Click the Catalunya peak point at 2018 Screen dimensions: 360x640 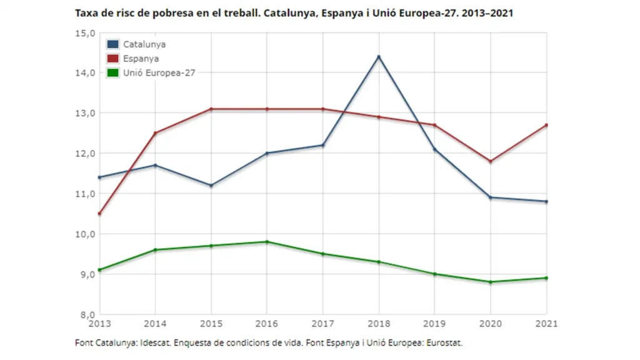[379, 57]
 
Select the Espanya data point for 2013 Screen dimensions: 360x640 [99, 214]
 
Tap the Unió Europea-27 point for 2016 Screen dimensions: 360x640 [267, 242]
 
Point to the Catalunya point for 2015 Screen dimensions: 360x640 [211, 186]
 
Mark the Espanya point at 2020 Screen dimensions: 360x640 [491, 161]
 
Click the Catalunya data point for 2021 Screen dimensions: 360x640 [546, 201]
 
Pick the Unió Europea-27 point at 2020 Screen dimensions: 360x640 [491, 282]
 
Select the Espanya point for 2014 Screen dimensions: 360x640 [155, 133]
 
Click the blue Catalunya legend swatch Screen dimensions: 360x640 [113, 44]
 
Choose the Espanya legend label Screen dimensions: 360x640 [141, 59]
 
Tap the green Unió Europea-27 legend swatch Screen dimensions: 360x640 [113, 72]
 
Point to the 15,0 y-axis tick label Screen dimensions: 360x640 [84, 32]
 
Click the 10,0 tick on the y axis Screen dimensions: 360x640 [84, 234]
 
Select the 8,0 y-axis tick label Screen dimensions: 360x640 [86, 314]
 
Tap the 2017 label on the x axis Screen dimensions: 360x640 [323, 324]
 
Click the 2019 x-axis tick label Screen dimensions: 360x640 [435, 324]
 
